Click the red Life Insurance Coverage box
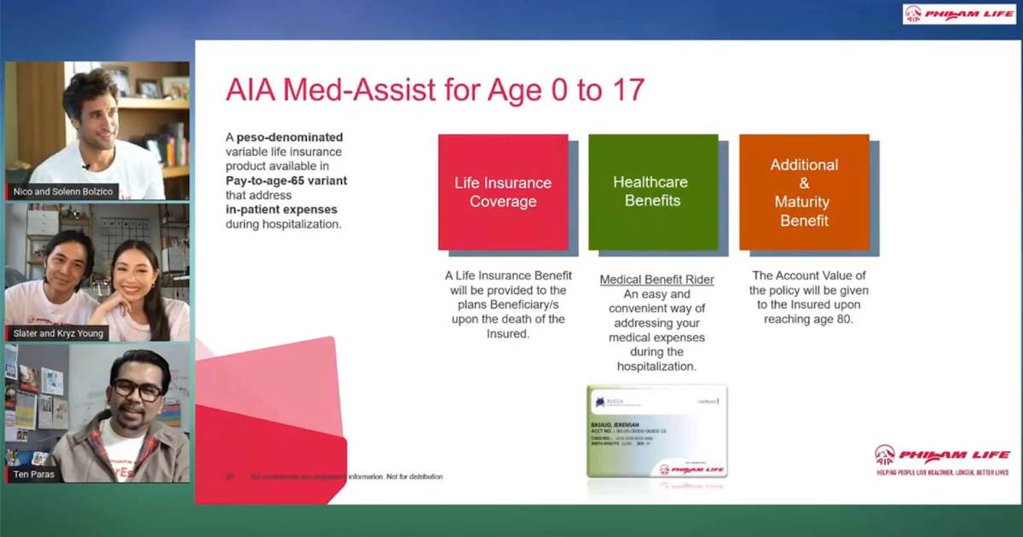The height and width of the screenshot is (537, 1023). (503, 192)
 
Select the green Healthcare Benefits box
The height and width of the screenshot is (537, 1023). (653, 192)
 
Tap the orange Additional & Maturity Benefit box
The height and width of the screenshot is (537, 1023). (803, 192)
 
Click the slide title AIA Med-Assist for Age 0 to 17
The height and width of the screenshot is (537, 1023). (435, 90)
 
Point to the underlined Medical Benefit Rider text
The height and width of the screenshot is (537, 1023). (656, 280)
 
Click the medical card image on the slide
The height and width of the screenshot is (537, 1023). (656, 431)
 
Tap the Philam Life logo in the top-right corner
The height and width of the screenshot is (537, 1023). (959, 14)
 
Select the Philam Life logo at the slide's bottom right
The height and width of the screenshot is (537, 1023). (942, 457)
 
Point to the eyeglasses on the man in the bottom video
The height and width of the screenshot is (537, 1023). (139, 391)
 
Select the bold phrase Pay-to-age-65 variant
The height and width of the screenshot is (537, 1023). (286, 181)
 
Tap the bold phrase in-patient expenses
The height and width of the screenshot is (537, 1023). (281, 210)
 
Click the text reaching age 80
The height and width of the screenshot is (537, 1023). (801, 319)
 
